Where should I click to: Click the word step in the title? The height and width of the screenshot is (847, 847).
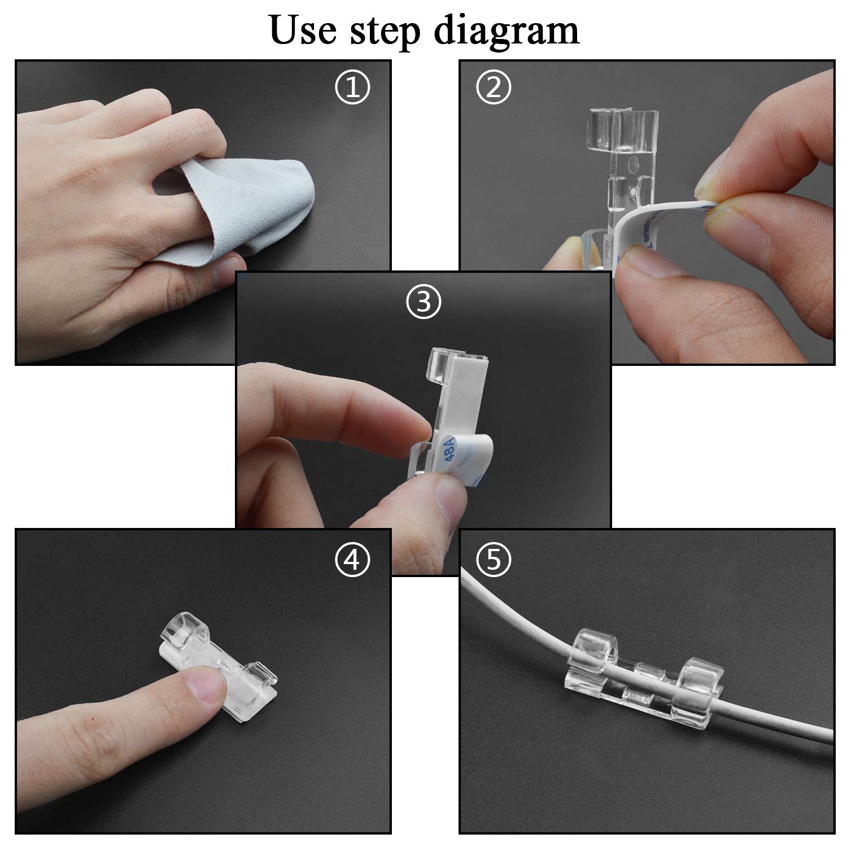386,31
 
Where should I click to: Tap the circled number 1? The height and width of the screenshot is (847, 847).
352,88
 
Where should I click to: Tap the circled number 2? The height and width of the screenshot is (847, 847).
494,88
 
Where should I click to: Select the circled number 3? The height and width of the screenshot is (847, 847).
423,302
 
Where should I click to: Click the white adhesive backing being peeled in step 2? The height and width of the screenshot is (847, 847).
649,232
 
